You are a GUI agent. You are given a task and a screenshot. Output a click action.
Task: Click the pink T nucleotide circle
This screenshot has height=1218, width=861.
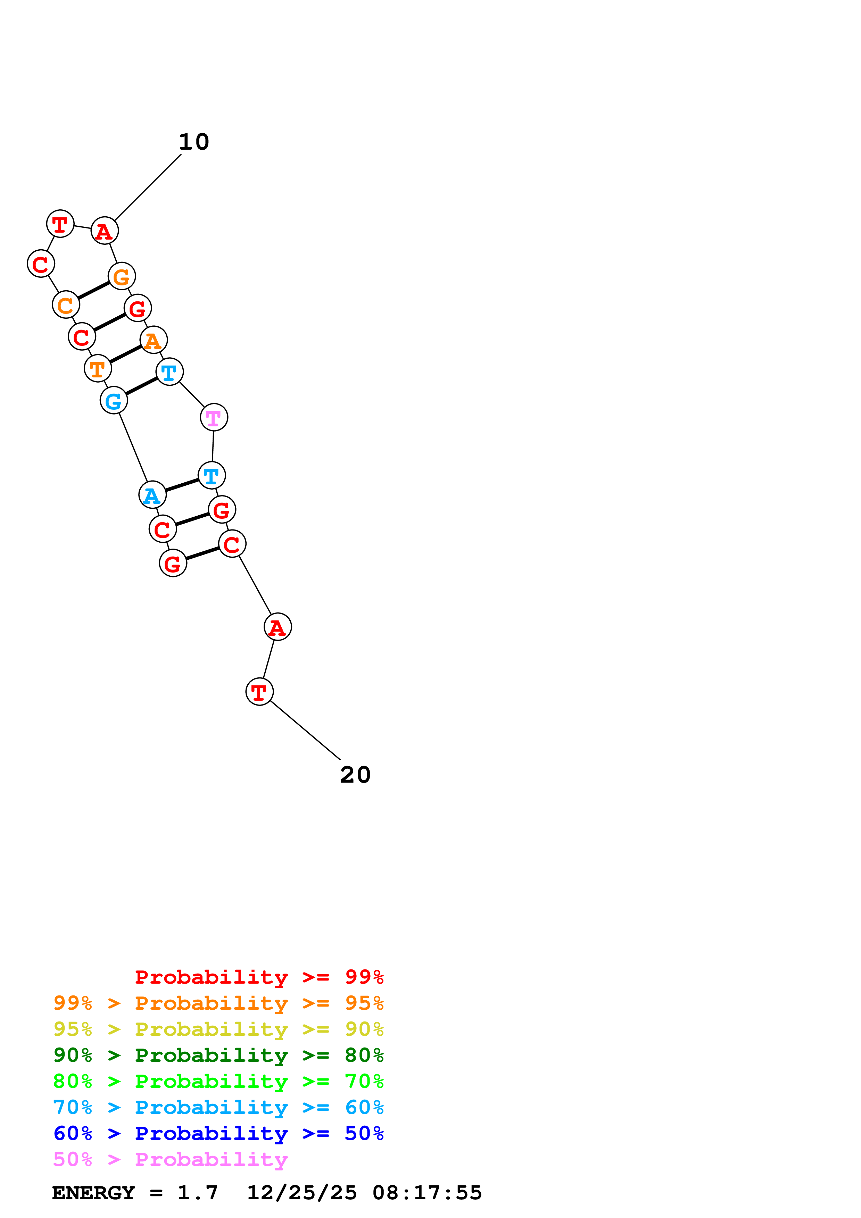point(214,417)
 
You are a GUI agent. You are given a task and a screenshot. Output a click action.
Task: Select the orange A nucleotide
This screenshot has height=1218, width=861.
point(153,340)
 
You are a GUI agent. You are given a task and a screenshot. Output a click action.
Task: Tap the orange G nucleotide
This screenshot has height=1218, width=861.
point(122,276)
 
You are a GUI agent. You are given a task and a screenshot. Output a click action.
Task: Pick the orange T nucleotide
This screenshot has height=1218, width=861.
point(98,368)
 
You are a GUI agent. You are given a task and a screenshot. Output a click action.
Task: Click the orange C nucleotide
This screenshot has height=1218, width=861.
point(66,304)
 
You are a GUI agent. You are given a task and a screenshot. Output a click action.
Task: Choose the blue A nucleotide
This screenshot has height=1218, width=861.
point(152,495)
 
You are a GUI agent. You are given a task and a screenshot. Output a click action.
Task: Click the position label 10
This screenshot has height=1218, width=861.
point(194,142)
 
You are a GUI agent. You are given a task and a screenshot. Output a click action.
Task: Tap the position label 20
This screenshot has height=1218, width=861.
point(355,775)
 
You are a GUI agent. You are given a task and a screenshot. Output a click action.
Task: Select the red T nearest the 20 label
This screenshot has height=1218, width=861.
point(259,692)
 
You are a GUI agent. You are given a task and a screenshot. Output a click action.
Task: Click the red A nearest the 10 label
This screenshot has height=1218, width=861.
point(105,231)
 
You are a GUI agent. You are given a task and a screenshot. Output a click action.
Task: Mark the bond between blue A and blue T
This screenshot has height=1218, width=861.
point(182,485)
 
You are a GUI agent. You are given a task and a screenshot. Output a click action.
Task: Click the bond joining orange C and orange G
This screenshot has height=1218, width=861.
point(94,290)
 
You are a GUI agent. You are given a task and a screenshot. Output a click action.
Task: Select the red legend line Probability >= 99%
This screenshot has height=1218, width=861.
point(259,977)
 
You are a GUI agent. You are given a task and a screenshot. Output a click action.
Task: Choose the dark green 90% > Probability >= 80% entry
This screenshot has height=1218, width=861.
point(218,1055)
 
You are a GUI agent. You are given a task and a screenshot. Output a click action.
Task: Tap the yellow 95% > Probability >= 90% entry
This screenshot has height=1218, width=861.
point(218,1029)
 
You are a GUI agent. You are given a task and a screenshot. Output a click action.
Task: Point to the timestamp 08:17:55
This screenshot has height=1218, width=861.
point(427,1193)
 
